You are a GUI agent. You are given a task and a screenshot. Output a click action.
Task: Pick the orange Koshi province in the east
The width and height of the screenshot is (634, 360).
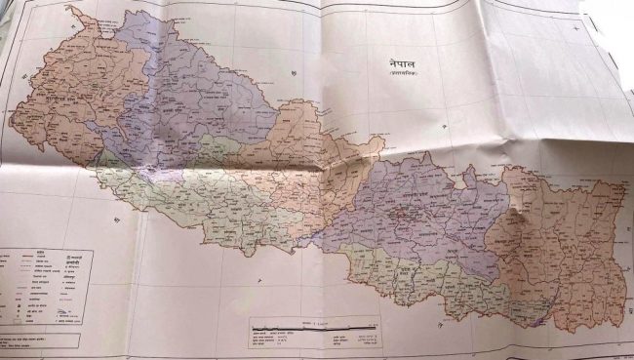(556, 244)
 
